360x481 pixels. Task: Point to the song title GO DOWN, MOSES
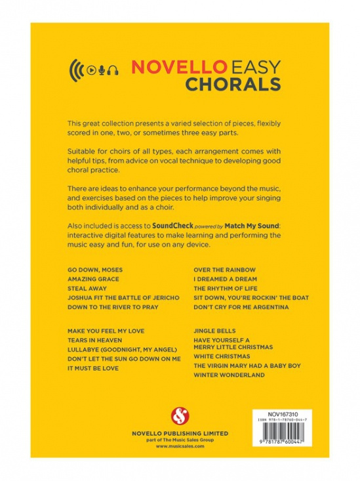(94, 270)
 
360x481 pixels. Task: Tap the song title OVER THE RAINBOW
(224, 270)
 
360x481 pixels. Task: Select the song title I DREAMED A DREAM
(225, 279)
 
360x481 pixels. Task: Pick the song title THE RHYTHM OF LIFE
(228, 288)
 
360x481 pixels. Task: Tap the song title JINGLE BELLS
(214, 331)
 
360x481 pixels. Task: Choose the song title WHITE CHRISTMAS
(222, 356)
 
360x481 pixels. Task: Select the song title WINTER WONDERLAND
(229, 375)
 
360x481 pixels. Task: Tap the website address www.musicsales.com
(180, 446)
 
